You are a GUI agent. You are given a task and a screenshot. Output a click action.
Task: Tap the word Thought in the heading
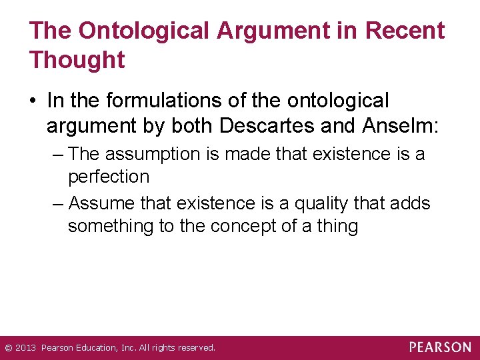pyautogui.click(x=77, y=60)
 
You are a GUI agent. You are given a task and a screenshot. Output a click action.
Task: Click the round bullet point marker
pyautogui.click(x=33, y=101)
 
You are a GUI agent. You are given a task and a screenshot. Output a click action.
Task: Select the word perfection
pyautogui.click(x=109, y=177)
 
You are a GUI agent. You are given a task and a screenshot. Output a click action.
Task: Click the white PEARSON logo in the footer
pyautogui.click(x=440, y=347)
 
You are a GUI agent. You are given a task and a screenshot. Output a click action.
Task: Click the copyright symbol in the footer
pyautogui.click(x=8, y=348)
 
